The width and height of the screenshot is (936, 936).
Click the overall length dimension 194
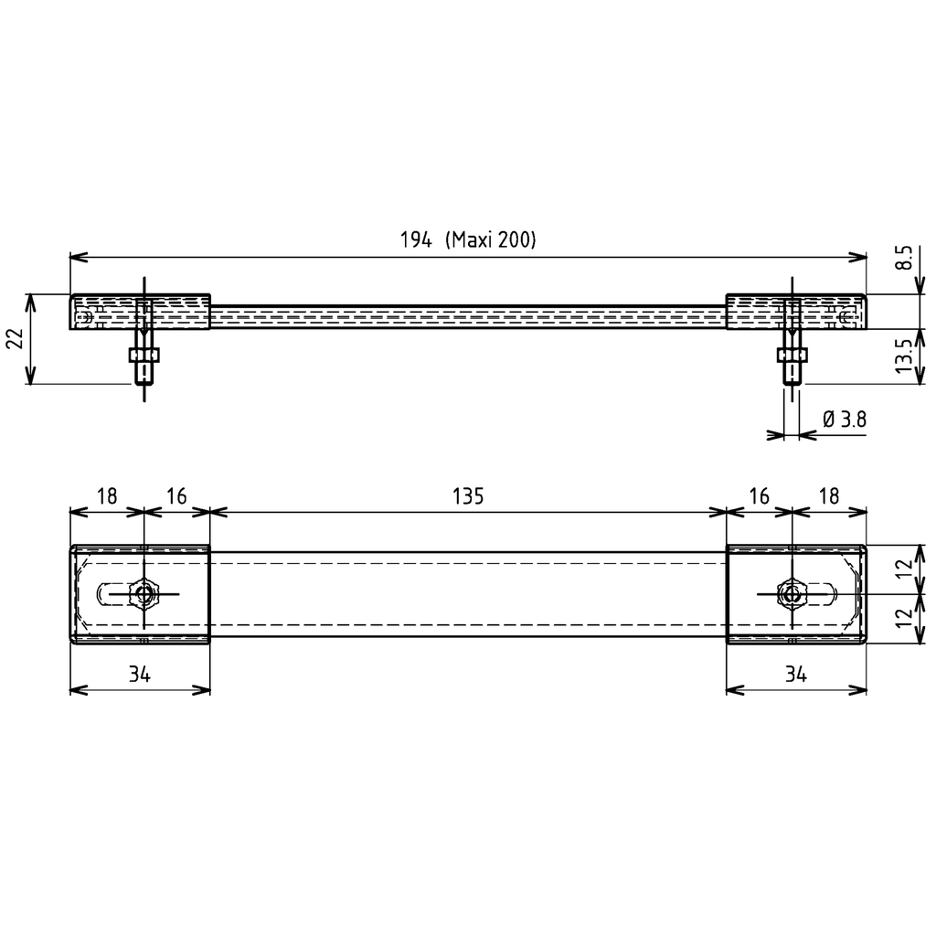point(415,240)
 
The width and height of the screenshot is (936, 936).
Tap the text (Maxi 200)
point(490,240)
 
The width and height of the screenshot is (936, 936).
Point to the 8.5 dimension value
point(904,259)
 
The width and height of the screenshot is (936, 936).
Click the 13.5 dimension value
point(904,356)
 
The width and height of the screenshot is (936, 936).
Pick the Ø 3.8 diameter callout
point(844,420)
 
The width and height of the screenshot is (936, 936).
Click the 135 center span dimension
point(467,496)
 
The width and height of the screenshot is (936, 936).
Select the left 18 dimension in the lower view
point(107,496)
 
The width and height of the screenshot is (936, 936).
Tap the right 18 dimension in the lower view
point(829,496)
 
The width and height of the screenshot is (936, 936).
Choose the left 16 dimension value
point(176,496)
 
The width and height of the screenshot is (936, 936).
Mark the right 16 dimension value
point(759,496)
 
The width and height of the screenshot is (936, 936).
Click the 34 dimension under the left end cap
point(139,675)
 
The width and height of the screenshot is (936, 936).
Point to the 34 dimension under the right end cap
point(795,675)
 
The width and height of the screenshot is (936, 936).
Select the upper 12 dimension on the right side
point(904,569)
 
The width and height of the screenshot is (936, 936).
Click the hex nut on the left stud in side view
point(144,355)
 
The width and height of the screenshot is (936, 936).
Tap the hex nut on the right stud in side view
point(792,355)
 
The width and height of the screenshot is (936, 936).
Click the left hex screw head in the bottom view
point(144,594)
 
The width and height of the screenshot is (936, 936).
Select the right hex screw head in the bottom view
point(792,594)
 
